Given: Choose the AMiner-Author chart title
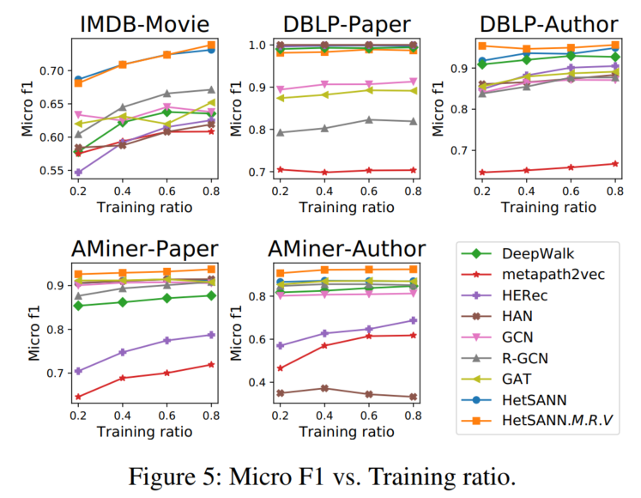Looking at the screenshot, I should coord(346,249).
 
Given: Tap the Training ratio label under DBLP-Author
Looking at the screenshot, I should coord(550,206).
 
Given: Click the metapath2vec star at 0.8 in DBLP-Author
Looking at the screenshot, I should coord(614,163).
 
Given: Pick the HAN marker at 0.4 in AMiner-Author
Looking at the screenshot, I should coord(323,388).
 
